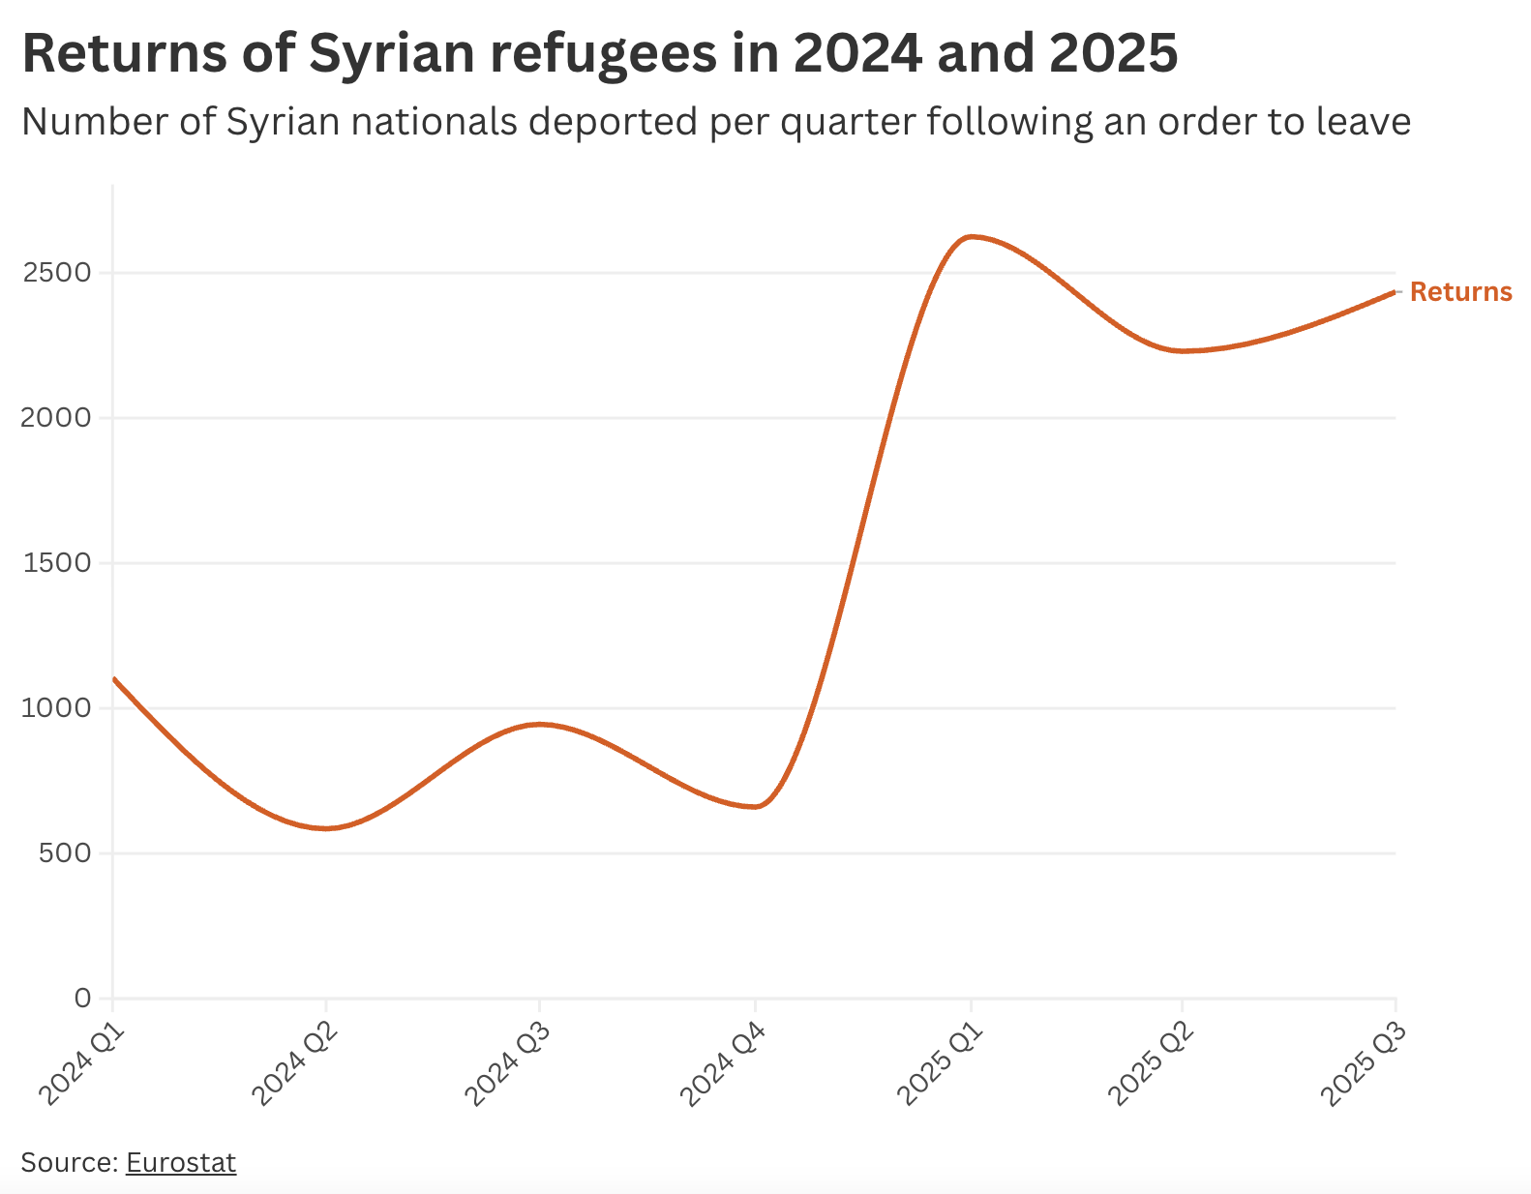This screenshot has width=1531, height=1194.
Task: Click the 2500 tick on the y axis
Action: (56, 273)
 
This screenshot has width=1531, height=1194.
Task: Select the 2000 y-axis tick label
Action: (56, 418)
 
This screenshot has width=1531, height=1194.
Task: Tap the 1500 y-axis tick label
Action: (56, 563)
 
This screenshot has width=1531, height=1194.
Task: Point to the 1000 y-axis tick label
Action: (56, 708)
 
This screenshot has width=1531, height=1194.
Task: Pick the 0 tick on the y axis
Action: (82, 998)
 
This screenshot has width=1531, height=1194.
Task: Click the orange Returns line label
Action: (1460, 292)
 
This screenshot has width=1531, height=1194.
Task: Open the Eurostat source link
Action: (181, 1162)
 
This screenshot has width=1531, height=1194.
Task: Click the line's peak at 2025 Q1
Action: (971, 236)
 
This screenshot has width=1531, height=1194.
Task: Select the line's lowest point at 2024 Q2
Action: (326, 828)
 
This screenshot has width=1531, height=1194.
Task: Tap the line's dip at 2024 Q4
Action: (756, 806)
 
